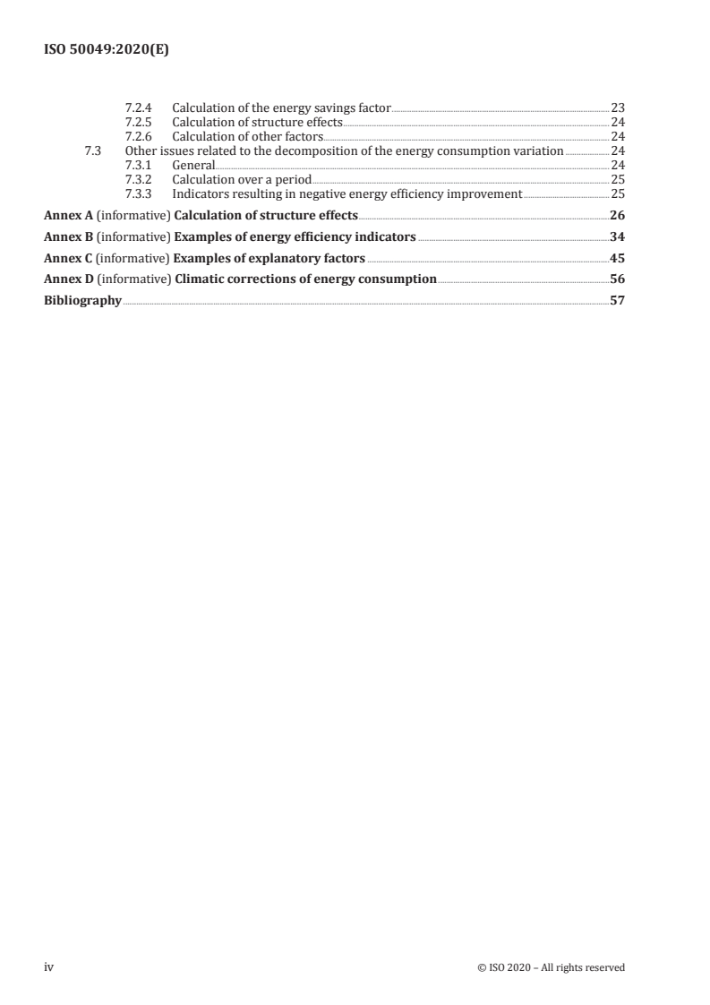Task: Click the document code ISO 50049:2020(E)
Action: (x=107, y=51)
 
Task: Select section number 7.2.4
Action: (x=138, y=107)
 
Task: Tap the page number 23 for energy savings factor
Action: (x=618, y=107)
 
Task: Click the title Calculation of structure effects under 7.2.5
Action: (x=257, y=122)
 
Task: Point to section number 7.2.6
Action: (x=138, y=136)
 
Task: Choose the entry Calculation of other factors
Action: (x=247, y=136)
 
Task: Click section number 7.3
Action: (x=90, y=150)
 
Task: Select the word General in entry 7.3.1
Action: (x=193, y=165)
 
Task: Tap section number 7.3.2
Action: (x=138, y=179)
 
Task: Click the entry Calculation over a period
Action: (x=242, y=179)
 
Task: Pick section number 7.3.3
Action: (x=138, y=193)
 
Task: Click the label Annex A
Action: (x=69, y=215)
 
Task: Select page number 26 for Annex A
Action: (x=617, y=215)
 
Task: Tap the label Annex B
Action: (x=69, y=236)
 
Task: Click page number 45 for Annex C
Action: (x=617, y=258)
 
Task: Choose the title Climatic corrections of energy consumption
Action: (x=305, y=279)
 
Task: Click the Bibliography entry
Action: (x=82, y=301)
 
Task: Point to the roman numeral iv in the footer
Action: (x=49, y=967)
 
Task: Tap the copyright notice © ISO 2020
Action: (x=552, y=967)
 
